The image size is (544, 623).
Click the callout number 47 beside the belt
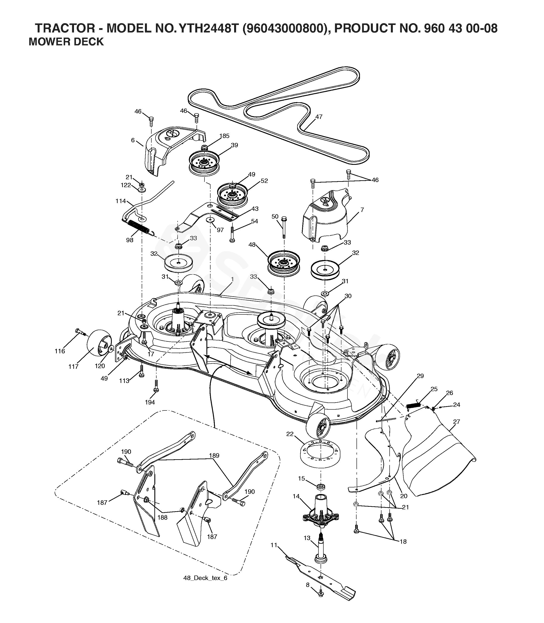(319, 116)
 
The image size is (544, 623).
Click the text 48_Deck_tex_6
(205, 578)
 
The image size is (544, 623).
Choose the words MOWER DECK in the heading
(66, 41)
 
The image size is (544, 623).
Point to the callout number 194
(150, 402)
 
